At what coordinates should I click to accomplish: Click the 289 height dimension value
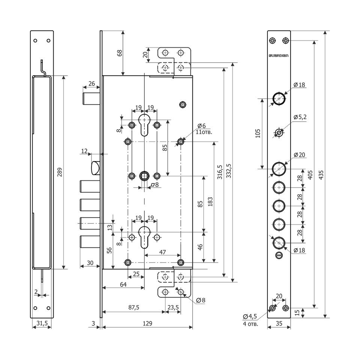(x=60, y=172)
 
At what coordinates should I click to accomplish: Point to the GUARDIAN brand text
(x=279, y=56)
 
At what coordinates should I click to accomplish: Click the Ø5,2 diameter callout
(x=300, y=117)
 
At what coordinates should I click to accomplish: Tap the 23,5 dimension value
(x=173, y=307)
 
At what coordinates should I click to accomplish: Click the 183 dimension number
(x=210, y=202)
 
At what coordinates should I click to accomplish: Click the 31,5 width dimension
(x=42, y=323)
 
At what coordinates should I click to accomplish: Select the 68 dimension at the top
(x=120, y=52)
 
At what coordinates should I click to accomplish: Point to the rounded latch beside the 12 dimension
(x=96, y=167)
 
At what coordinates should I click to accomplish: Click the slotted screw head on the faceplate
(x=279, y=255)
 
